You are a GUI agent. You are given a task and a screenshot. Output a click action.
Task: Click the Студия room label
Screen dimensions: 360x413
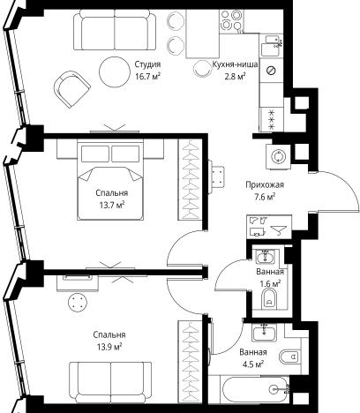click(147, 64)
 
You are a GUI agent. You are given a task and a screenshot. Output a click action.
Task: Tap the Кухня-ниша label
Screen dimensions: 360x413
click(235, 64)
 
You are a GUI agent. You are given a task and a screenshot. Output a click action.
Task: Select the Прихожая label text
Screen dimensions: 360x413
click(265, 184)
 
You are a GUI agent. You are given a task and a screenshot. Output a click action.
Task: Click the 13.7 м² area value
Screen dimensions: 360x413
click(111, 205)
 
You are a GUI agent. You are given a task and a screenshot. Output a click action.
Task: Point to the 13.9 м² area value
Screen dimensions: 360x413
click(109, 347)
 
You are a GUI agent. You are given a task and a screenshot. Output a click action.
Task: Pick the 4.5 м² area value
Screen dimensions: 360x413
click(253, 364)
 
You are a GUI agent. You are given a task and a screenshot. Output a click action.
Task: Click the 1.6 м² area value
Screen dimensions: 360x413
click(270, 284)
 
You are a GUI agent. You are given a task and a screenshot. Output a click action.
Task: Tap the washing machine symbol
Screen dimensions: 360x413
click(278, 156)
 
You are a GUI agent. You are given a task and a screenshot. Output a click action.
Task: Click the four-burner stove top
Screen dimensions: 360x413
click(231, 20)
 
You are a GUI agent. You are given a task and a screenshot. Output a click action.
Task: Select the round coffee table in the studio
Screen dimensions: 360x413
click(115, 72)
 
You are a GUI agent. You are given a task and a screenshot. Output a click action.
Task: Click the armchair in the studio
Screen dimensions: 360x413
click(71, 89)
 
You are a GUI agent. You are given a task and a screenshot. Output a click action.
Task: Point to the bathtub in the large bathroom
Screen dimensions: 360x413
click(255, 390)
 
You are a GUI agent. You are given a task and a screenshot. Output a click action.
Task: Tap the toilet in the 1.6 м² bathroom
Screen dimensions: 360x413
click(269, 298)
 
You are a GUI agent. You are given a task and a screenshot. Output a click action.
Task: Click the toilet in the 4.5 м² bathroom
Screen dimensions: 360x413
click(289, 357)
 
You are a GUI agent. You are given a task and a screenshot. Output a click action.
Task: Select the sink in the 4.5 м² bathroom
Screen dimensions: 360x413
click(264, 333)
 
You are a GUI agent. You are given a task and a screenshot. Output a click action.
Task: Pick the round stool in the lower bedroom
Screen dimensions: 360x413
click(78, 302)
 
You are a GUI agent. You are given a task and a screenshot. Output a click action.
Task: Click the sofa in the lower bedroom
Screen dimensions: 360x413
click(110, 382)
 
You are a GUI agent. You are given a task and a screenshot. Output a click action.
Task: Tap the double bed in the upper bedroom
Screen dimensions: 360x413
click(110, 180)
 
